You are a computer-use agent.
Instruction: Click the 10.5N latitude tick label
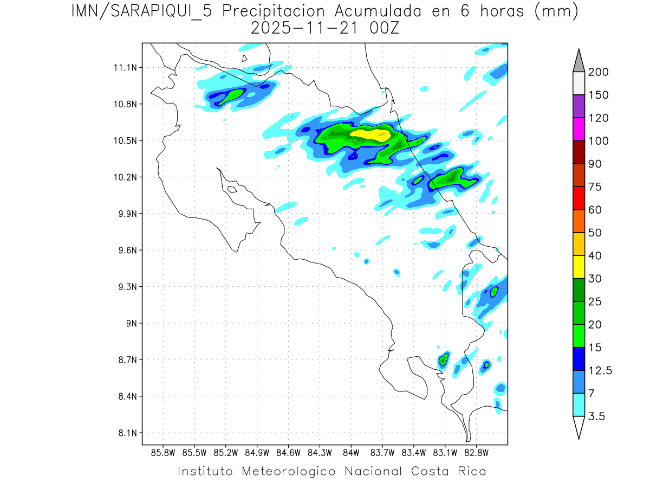[x=123, y=141]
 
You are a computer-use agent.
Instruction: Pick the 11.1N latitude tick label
[x=123, y=68]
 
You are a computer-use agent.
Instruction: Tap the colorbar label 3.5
[x=597, y=416]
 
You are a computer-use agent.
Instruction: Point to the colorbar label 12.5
[x=600, y=371]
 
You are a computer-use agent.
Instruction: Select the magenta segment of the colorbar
[x=578, y=129]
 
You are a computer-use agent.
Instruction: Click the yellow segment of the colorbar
[x=578, y=267]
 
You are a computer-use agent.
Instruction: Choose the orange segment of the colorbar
[x=578, y=221]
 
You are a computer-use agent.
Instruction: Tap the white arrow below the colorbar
[x=578, y=428]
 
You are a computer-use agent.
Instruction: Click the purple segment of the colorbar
[x=578, y=106]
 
